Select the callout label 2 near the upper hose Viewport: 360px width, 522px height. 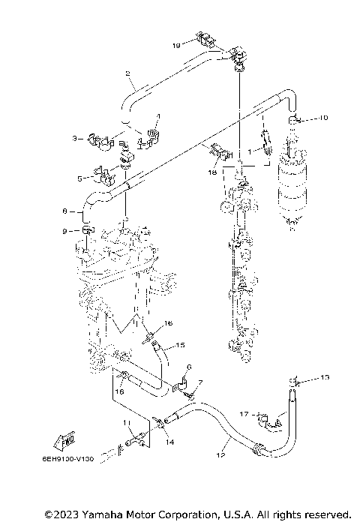click(x=127, y=73)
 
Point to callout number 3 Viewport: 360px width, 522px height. click(x=158, y=117)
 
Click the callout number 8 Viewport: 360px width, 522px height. click(x=65, y=211)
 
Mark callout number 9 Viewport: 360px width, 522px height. click(x=65, y=230)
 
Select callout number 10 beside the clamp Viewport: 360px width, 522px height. click(x=323, y=118)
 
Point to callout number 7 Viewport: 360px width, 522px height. click(x=199, y=383)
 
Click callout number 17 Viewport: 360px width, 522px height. click(x=244, y=413)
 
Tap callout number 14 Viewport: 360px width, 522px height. click(x=170, y=443)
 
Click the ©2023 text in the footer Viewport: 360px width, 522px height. click(x=60, y=514)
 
